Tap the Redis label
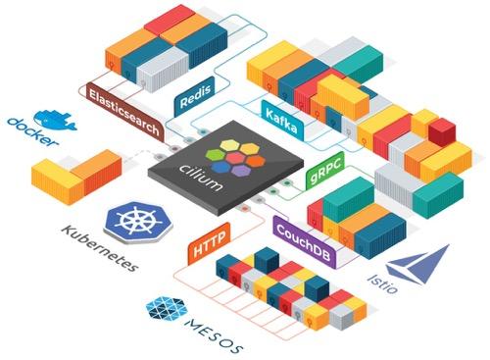(193, 103)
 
